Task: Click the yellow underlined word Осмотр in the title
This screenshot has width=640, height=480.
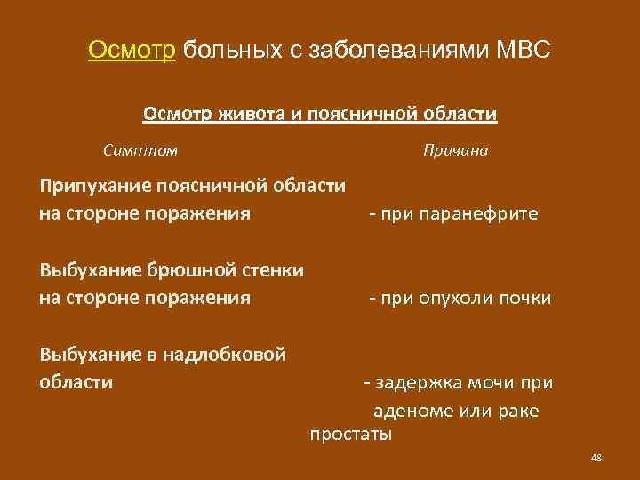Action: [134, 49]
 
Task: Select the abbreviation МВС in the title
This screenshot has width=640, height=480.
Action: [523, 49]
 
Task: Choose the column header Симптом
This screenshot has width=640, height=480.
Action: [140, 150]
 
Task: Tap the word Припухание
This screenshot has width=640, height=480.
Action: [94, 186]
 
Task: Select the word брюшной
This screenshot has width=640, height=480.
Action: [192, 269]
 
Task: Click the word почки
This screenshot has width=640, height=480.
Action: [527, 298]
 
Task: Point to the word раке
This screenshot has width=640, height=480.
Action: [521, 412]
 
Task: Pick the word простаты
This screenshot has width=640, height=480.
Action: [350, 436]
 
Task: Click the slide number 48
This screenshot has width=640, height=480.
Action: [596, 458]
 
